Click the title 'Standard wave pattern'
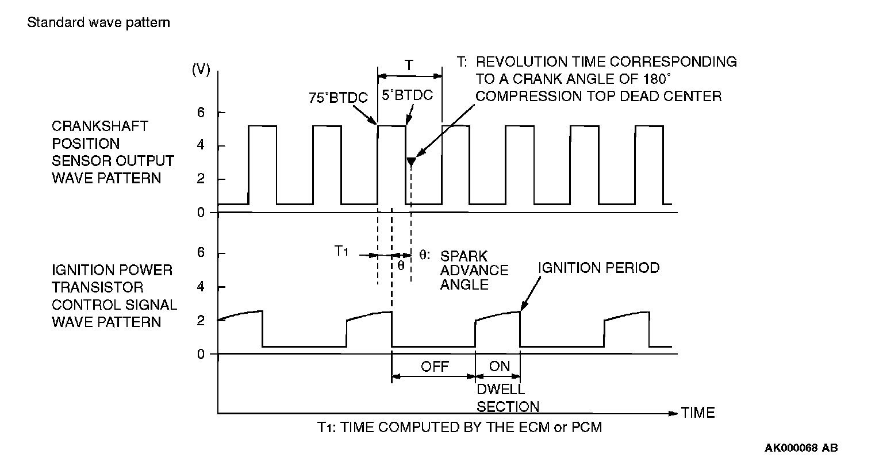point(99,23)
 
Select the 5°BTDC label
point(408,95)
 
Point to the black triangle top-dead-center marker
point(411,162)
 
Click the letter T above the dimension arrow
point(409,65)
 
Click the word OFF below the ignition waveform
point(435,367)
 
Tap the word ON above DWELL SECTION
point(499,367)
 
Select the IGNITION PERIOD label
point(598,268)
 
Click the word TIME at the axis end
point(698,413)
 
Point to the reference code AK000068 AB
point(801,447)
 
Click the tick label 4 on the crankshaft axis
point(201,146)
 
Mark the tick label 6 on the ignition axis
point(201,253)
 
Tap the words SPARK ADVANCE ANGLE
point(474,270)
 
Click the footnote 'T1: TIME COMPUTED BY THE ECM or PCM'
point(459,428)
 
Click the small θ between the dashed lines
point(401,265)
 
